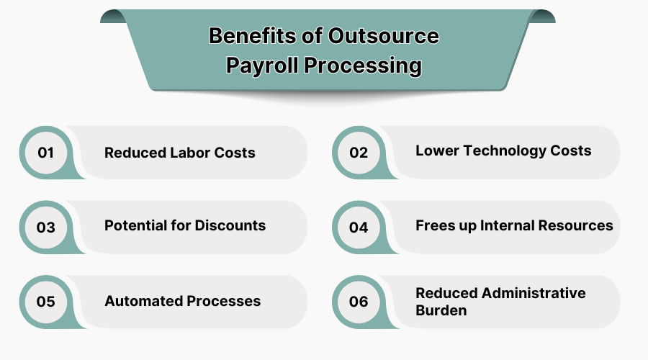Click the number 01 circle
point(46,153)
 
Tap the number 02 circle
point(359,153)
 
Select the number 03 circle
point(46,228)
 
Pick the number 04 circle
point(359,228)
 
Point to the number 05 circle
point(46,302)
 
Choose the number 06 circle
point(359,302)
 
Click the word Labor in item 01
point(190,153)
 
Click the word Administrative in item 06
point(534,293)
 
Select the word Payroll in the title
point(261,65)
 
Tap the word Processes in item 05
point(225,301)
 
